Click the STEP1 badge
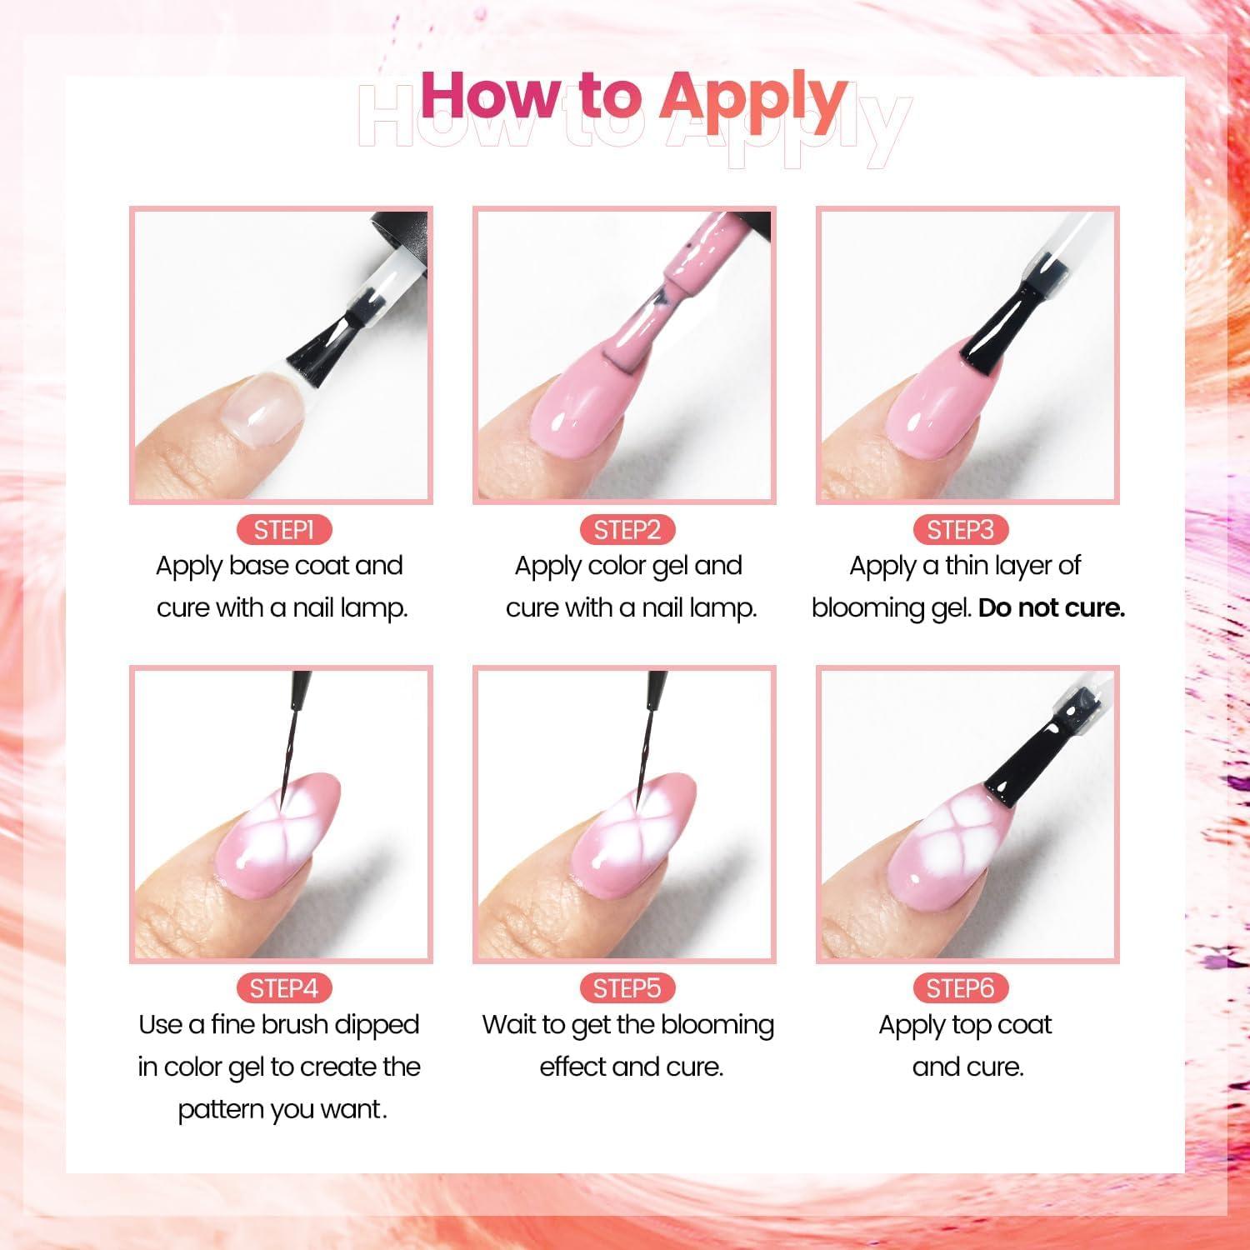click(x=283, y=530)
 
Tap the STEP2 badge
click(x=627, y=530)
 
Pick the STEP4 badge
click(x=283, y=988)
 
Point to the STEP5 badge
click(x=627, y=988)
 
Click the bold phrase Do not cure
click(x=1051, y=608)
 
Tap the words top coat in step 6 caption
click(x=1008, y=1025)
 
